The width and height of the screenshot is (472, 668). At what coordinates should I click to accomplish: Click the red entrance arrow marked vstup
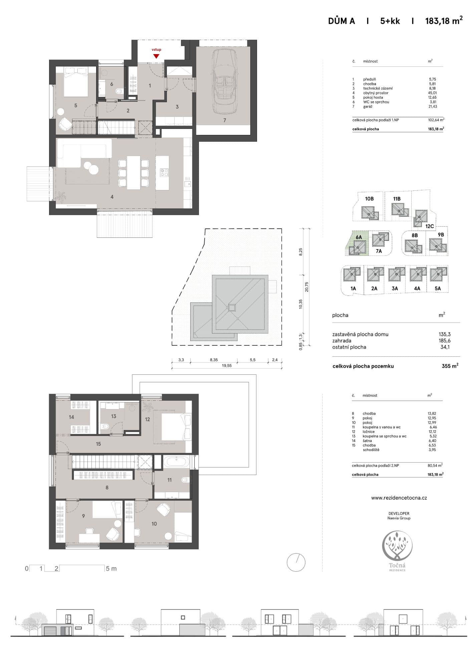pyautogui.click(x=156, y=56)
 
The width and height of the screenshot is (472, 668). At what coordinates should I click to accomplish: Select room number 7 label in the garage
pyautogui.click(x=225, y=120)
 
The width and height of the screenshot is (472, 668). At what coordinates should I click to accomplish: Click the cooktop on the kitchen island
pyautogui.click(x=164, y=172)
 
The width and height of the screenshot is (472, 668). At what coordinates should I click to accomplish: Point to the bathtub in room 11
pyautogui.click(x=176, y=462)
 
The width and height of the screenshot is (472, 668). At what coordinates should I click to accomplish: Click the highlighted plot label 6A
pyautogui.click(x=359, y=237)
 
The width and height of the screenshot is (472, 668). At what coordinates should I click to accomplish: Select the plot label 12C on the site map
pyautogui.click(x=430, y=226)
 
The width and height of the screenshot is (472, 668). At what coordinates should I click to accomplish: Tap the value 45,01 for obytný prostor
pyautogui.click(x=433, y=93)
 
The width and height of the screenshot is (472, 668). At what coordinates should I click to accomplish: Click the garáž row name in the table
pyautogui.click(x=368, y=107)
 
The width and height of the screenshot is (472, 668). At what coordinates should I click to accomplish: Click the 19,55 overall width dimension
pyautogui.click(x=227, y=366)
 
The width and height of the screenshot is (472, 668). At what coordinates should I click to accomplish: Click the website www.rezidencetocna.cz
pyautogui.click(x=399, y=498)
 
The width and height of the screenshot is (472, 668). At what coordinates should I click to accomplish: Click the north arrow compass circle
pyautogui.click(x=296, y=562)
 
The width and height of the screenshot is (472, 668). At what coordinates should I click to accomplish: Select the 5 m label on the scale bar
pyautogui.click(x=111, y=568)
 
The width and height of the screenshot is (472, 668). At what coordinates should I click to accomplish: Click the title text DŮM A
pyautogui.click(x=341, y=21)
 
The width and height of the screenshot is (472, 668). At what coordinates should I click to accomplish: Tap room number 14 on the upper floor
pyautogui.click(x=71, y=417)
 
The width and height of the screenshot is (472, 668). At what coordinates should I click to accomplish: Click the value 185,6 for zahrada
pyautogui.click(x=445, y=341)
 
